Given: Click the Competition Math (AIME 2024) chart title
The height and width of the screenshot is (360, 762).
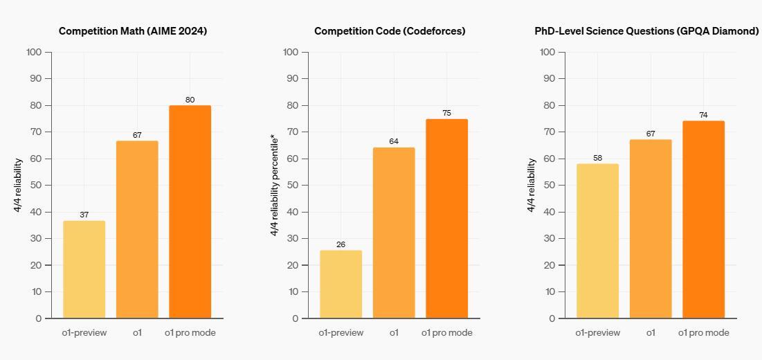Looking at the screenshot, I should (x=133, y=31).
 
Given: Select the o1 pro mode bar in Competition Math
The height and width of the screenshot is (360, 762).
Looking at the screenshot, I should (x=190, y=212).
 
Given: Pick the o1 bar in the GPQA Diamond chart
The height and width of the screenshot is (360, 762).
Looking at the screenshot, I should (x=651, y=229).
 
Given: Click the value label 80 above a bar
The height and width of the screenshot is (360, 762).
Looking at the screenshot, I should (x=190, y=100).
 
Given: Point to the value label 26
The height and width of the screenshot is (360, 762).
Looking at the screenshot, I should (x=341, y=244).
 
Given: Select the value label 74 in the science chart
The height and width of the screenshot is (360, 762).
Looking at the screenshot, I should (x=703, y=115).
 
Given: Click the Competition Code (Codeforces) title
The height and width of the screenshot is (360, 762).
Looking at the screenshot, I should (x=390, y=31).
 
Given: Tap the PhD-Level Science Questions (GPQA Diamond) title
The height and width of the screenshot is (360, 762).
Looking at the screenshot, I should (x=646, y=31).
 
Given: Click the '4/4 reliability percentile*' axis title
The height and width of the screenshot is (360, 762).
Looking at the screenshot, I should (x=274, y=186).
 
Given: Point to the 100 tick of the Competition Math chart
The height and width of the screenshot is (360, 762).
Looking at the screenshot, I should (x=34, y=52).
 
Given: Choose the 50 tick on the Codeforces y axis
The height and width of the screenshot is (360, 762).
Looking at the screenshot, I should (x=291, y=185).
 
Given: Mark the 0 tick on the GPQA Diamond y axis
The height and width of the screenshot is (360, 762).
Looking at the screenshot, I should (x=552, y=318).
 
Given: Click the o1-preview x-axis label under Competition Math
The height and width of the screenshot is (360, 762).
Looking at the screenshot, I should (x=84, y=333).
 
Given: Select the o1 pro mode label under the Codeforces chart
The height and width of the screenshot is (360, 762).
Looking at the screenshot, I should (x=447, y=333).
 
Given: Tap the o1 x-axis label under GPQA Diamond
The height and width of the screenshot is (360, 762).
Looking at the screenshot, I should (x=651, y=333).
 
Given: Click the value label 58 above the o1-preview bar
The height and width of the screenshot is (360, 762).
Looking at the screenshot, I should (x=597, y=159).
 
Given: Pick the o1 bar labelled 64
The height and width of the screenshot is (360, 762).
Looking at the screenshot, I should (x=394, y=233).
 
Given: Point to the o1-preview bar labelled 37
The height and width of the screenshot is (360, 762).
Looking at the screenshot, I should (x=84, y=269).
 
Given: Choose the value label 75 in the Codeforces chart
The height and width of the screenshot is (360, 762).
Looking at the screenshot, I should (x=447, y=114).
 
